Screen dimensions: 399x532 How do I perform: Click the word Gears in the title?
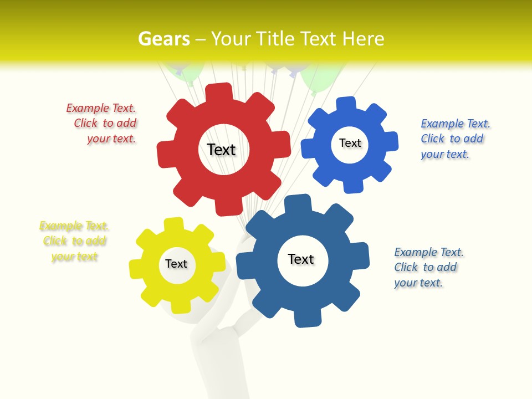163,39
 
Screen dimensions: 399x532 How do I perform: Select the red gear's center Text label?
221,150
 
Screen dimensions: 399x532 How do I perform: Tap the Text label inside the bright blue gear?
350,143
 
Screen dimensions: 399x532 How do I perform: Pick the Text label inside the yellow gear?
176,264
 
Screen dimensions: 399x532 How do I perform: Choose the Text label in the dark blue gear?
301,259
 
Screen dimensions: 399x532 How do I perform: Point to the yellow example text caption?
74,241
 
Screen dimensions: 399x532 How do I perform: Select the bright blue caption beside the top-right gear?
454,139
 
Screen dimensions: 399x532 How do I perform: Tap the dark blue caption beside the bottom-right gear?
428,267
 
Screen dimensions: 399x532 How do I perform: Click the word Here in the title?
364,39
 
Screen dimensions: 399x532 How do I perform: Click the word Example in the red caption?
85,109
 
